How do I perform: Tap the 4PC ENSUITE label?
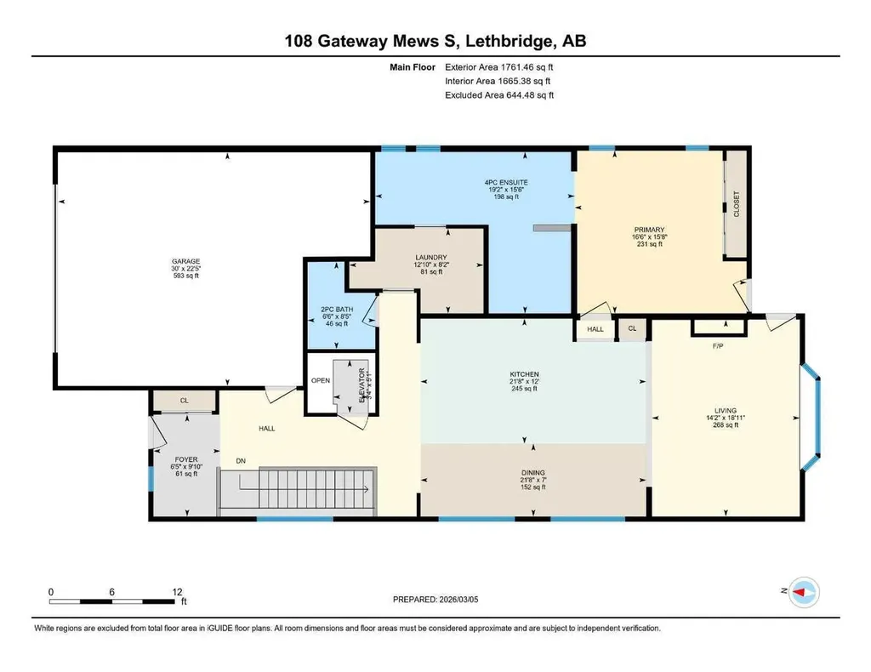(x=503, y=181)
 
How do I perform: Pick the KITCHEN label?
(x=524, y=374)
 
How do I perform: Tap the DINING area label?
(x=533, y=472)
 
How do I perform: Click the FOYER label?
(x=185, y=459)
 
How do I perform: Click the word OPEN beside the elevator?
(x=321, y=380)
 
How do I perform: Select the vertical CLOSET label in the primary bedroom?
(x=737, y=205)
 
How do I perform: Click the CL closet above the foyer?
(x=185, y=400)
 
